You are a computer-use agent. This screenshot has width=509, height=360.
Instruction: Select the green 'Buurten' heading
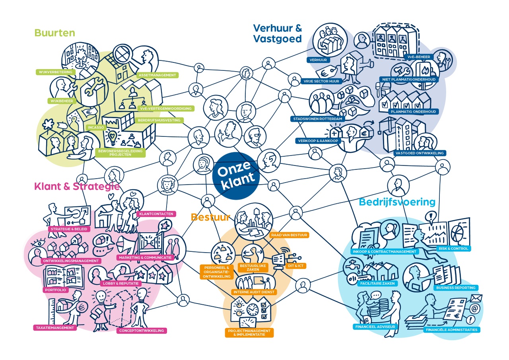pos(54,33)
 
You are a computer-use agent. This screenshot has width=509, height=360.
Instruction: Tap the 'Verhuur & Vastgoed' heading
pos(278,33)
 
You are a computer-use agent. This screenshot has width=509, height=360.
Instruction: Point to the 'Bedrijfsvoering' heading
pos(397,202)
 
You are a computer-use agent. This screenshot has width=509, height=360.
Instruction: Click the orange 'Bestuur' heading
pos(210,217)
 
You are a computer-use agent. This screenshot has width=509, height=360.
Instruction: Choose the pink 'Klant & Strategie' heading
pos(77,186)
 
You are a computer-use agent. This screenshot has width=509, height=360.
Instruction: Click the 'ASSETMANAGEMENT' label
pos(157,75)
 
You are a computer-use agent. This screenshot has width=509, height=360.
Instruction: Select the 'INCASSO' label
pos(95,128)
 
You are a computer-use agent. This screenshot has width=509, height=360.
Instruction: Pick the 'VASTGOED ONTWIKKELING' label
pos(420,153)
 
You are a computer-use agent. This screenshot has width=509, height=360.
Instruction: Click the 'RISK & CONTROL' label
pos(453,248)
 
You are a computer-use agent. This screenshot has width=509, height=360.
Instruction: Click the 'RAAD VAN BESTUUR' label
pos(289,235)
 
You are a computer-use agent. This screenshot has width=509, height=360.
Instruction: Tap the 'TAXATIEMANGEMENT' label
pos(54,328)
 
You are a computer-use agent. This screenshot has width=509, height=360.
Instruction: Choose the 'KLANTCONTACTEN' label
pos(155,214)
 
